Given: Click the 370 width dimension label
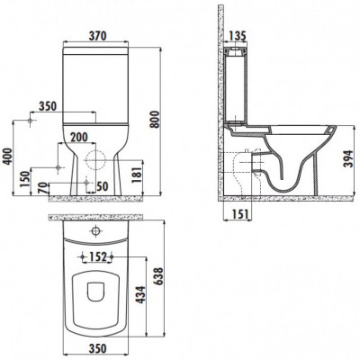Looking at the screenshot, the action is pyautogui.click(x=97, y=36).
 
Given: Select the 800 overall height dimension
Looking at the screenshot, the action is pyautogui.click(x=155, y=120).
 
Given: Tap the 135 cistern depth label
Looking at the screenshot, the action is pyautogui.click(x=238, y=36).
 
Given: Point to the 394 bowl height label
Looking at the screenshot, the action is pyautogui.click(x=349, y=159).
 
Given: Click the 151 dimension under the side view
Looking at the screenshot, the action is pyautogui.click(x=240, y=214).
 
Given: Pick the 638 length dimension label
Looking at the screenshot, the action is pyautogui.click(x=158, y=276).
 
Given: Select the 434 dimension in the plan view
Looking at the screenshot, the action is pyautogui.click(x=141, y=295).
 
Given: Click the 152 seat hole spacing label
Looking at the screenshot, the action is pyautogui.click(x=98, y=256).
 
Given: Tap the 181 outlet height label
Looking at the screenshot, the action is pyautogui.click(x=138, y=175).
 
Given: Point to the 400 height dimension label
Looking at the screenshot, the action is pyautogui.click(x=8, y=156).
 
